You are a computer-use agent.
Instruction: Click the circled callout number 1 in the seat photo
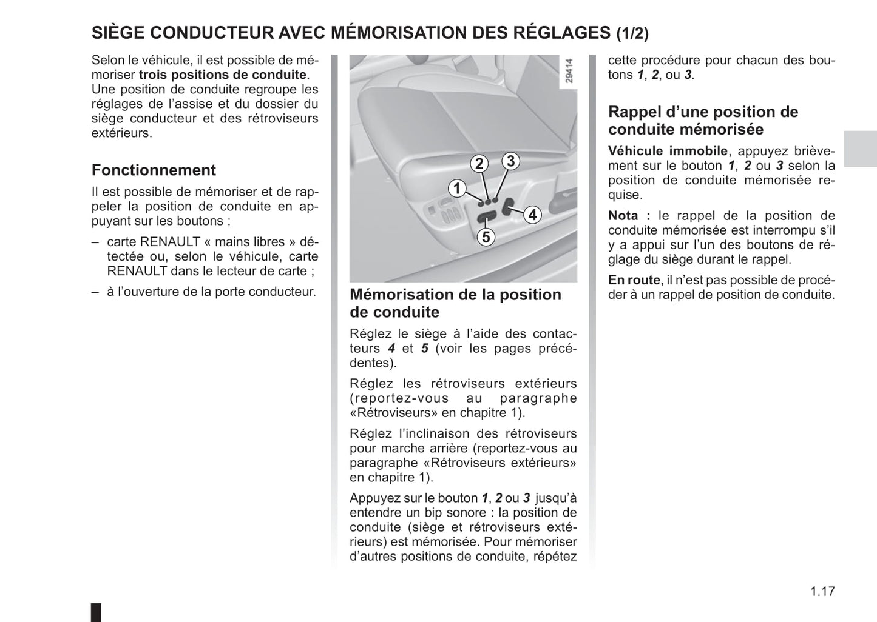point(456,188)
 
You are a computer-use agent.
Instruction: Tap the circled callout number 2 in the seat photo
point(479,164)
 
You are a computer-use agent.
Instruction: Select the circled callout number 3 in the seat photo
point(510,161)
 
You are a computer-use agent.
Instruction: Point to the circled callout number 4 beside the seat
point(532,215)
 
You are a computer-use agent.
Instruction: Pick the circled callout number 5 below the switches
point(486,237)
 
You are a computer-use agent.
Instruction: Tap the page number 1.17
point(822,591)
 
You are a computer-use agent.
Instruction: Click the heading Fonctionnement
point(154,170)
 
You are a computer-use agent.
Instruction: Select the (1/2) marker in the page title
point(632,34)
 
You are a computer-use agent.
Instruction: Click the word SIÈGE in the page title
point(118,33)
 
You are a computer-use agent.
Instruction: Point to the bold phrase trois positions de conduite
point(223,75)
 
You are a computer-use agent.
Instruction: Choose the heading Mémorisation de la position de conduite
point(455,303)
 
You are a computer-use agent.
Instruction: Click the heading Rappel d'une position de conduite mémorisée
point(703,121)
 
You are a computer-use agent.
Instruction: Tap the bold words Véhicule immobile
point(668,151)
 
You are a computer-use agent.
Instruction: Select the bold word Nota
point(624,216)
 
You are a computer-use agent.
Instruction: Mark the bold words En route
point(634,280)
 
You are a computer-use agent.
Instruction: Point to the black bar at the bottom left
point(95,611)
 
